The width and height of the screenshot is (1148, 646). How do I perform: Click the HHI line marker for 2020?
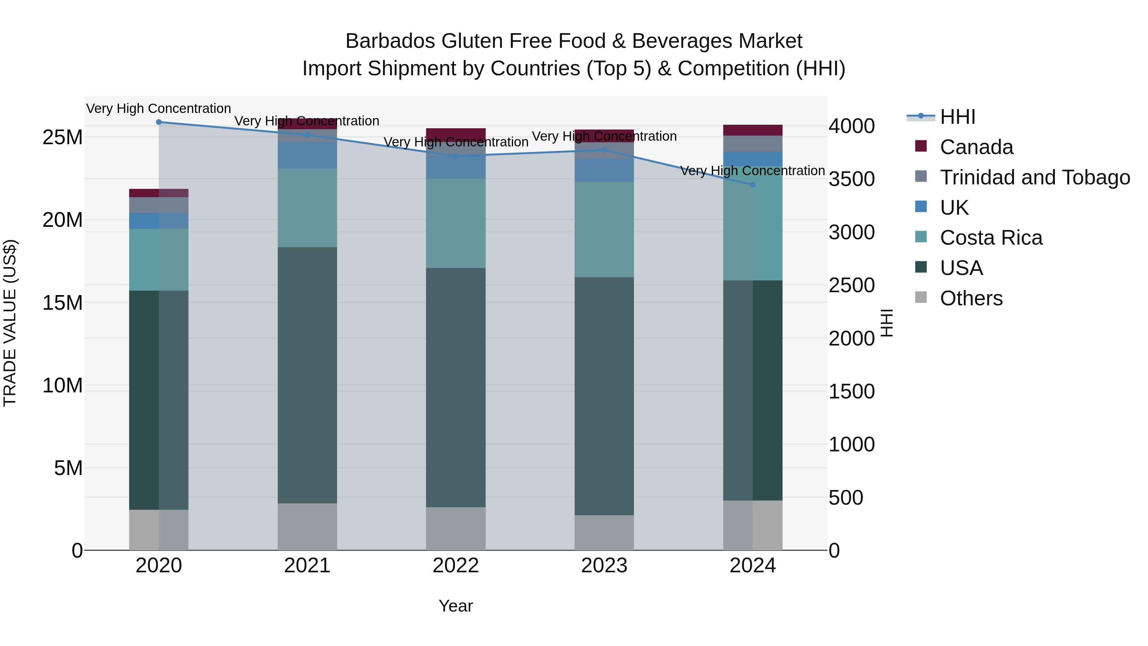point(159,122)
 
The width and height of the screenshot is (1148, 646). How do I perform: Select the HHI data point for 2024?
point(753,185)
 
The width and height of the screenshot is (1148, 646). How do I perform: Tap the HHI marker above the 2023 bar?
point(604,150)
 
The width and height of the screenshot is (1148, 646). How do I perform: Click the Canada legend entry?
point(976,147)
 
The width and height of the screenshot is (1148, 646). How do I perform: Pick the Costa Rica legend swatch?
point(921,237)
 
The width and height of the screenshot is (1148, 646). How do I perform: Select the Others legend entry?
point(971,298)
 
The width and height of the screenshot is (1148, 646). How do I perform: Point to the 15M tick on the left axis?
point(63,303)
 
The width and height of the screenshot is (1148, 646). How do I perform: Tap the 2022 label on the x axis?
point(455,566)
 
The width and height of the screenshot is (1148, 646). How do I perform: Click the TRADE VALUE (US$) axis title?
point(10,323)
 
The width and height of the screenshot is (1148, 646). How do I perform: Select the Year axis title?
point(455,606)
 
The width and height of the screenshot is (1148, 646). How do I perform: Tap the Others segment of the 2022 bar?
point(455,528)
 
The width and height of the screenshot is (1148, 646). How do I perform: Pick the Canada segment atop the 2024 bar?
point(753,130)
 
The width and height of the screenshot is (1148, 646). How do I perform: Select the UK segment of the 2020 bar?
point(159,221)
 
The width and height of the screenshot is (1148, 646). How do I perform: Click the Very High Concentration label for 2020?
point(159,109)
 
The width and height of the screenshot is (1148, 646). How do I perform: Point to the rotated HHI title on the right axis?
point(887,323)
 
